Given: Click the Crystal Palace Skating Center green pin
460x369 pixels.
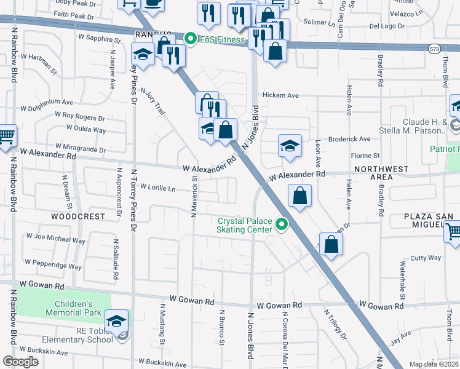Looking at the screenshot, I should (x=282, y=225).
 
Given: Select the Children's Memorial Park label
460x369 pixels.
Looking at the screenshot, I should (x=73, y=308).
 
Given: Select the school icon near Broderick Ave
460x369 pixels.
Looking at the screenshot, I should (x=290, y=146).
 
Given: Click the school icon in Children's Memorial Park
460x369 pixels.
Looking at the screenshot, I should (x=116, y=320).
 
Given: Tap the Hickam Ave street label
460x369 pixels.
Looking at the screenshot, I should (x=280, y=95).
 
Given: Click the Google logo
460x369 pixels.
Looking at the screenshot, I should (x=20, y=362).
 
